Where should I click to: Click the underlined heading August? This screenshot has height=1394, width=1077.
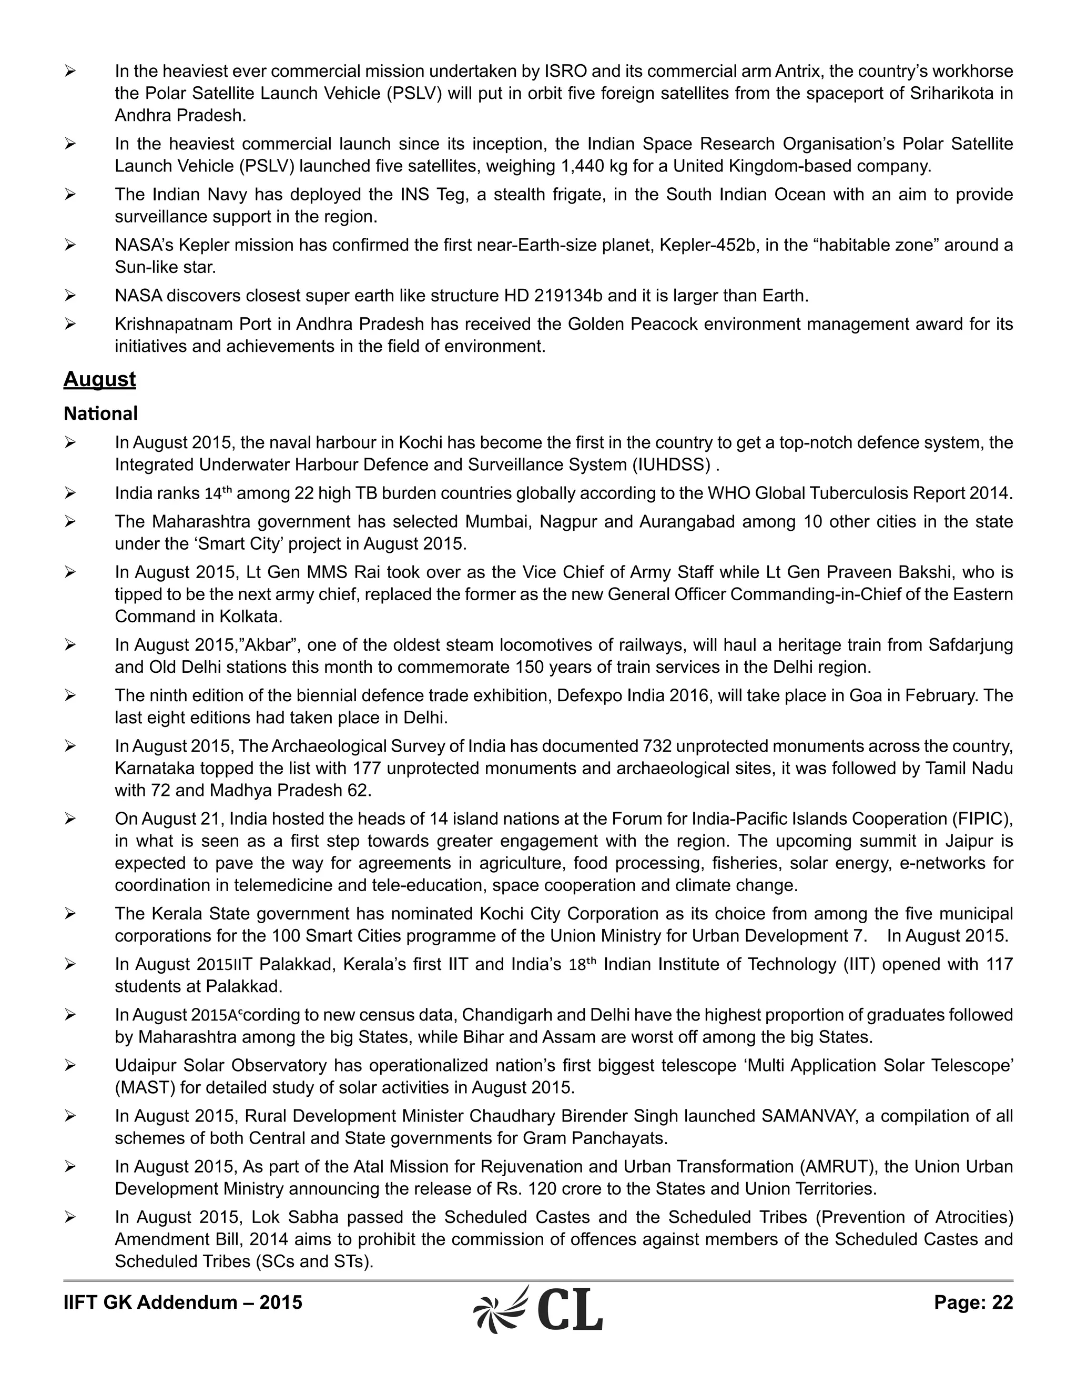(99, 379)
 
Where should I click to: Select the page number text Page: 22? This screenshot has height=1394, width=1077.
(973, 1302)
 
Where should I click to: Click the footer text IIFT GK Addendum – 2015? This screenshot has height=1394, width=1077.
(182, 1302)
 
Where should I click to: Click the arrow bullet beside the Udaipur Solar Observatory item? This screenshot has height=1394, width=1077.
(70, 1065)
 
